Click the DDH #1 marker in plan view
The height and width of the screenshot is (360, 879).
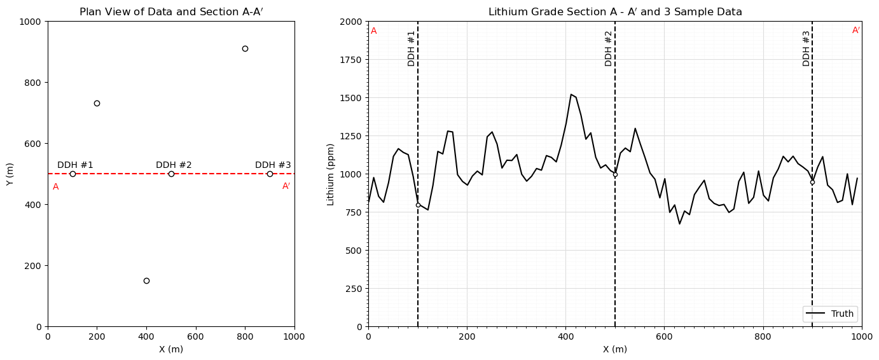pos(73,174)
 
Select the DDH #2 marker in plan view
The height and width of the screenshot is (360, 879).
pos(172,174)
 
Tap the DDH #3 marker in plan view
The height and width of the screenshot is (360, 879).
pos(270,174)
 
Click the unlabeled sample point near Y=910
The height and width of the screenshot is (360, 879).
pos(246,49)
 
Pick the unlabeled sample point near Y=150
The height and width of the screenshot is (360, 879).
pos(146,280)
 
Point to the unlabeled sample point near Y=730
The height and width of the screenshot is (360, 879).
pos(97,103)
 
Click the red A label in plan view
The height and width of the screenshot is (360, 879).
pos(56,187)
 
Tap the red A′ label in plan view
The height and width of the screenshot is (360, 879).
pos(286,186)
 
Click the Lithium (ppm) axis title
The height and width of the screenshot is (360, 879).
pos(330,175)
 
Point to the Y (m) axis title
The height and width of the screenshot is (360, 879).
pos(10,174)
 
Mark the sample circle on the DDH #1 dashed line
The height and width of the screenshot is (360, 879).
pos(418,205)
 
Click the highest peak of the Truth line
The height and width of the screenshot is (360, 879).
pos(571,94)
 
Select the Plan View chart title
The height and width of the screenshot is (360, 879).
pos(171,12)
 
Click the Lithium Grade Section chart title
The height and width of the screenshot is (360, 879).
pos(615,12)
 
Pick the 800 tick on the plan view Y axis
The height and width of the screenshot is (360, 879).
pos(34,83)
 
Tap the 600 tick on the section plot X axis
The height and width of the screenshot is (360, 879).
pos(664,336)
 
